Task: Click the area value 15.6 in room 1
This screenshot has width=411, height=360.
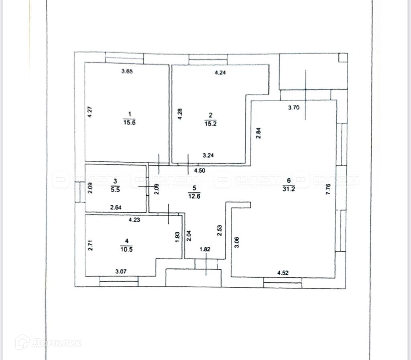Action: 130,123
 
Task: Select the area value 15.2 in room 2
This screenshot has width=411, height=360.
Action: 211,123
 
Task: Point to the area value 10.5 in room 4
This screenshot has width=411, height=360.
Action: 127,248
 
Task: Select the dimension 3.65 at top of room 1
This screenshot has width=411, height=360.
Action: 127,72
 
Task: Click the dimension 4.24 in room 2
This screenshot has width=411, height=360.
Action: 220,73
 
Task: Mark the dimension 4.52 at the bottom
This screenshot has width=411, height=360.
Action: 283,273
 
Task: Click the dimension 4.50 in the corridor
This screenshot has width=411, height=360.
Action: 200,171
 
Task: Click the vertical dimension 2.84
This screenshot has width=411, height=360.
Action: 259,133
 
